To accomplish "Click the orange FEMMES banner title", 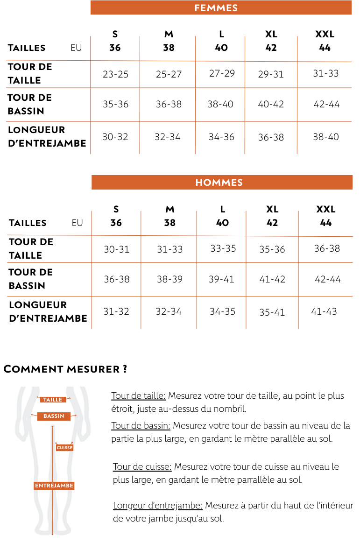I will pyautogui.click(x=216, y=8).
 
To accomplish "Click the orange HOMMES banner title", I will pyautogui.click(x=219, y=183).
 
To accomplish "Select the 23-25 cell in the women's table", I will pyautogui.click(x=115, y=74).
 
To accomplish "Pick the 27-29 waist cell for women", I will pyautogui.click(x=222, y=73).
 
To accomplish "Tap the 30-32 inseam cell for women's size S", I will pyautogui.click(x=115, y=137).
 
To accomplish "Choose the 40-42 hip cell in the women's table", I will pyautogui.click(x=271, y=104).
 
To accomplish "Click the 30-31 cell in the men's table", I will pyautogui.click(x=116, y=249).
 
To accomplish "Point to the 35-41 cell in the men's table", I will pyautogui.click(x=272, y=312).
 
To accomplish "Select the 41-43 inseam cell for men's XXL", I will pyautogui.click(x=324, y=311).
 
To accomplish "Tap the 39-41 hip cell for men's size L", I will pyautogui.click(x=221, y=279).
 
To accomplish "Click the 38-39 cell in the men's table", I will pyautogui.click(x=169, y=279).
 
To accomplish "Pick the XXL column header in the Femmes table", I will pyautogui.click(x=325, y=41).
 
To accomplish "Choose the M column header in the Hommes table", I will pyautogui.click(x=170, y=216).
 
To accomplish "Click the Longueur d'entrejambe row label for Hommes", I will pyautogui.click(x=48, y=311).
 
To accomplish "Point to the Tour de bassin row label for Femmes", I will pyautogui.click(x=29, y=104).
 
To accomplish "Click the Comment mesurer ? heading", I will pyautogui.click(x=65, y=369).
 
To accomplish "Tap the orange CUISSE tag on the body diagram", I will pyautogui.click(x=64, y=448).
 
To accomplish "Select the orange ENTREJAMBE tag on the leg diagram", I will pyautogui.click(x=54, y=486).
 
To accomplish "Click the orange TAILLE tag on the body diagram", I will pyautogui.click(x=52, y=400).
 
